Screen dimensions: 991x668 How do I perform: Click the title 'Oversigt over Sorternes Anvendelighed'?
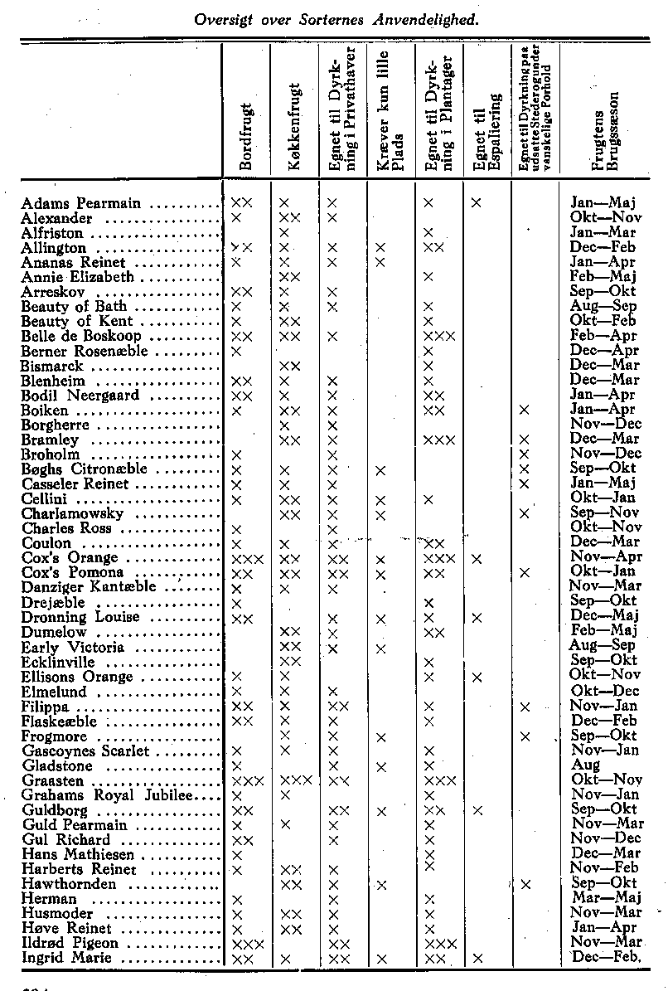(336, 17)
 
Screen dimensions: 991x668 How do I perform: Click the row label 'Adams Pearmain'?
(81, 203)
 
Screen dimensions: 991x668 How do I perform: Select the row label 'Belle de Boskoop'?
(81, 336)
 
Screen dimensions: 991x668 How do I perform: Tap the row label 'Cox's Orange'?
(73, 558)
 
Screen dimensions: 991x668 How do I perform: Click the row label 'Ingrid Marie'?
(69, 959)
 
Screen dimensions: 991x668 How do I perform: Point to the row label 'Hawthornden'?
(70, 884)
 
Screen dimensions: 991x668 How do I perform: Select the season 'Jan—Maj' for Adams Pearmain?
(603, 203)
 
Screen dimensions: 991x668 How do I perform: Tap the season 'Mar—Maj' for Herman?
(603, 899)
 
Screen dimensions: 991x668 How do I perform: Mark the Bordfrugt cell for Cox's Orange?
(247, 559)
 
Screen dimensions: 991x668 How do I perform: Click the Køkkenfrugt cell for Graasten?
(295, 781)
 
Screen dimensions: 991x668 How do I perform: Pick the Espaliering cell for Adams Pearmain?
(477, 203)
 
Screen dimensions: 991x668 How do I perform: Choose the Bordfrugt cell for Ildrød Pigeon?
(247, 944)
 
